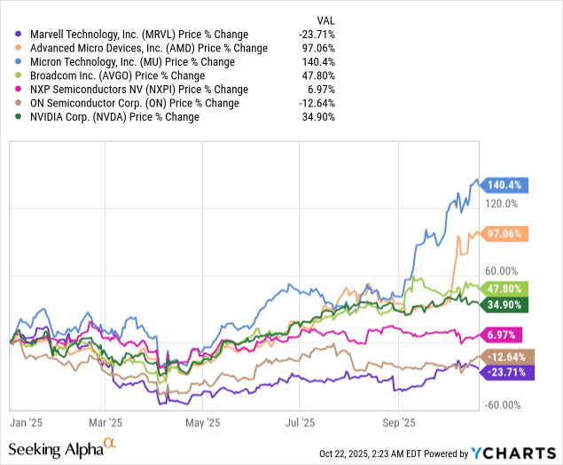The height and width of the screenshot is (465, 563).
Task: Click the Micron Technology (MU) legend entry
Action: click(124, 62)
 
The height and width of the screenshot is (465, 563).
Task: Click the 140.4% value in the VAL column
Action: click(321, 62)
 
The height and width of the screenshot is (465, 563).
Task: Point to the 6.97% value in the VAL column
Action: click(323, 90)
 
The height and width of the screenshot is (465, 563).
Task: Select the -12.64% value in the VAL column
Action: click(318, 103)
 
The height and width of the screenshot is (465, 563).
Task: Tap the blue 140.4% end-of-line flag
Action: click(505, 185)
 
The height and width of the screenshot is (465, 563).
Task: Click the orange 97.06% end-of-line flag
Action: click(508, 233)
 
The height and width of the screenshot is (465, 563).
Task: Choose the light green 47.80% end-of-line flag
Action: click(508, 288)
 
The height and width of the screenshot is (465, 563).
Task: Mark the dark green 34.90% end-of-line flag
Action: click(508, 304)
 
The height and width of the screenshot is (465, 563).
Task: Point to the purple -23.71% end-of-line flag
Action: click(508, 373)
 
